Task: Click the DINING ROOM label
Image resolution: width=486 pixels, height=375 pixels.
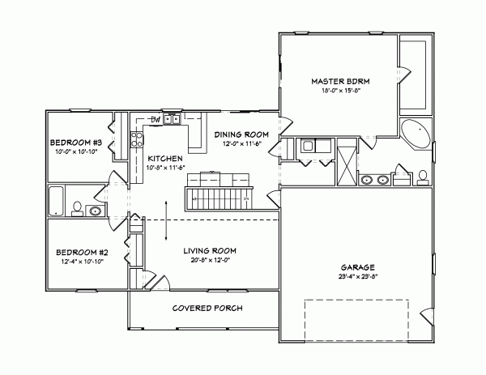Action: (x=241, y=134)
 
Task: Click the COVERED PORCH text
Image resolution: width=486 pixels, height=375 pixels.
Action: (x=208, y=309)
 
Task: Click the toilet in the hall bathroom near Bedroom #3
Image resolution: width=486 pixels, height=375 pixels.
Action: (x=75, y=209)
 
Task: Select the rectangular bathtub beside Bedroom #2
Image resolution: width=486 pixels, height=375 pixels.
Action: (x=56, y=201)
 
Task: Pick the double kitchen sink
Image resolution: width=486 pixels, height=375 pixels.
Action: (x=172, y=119)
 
